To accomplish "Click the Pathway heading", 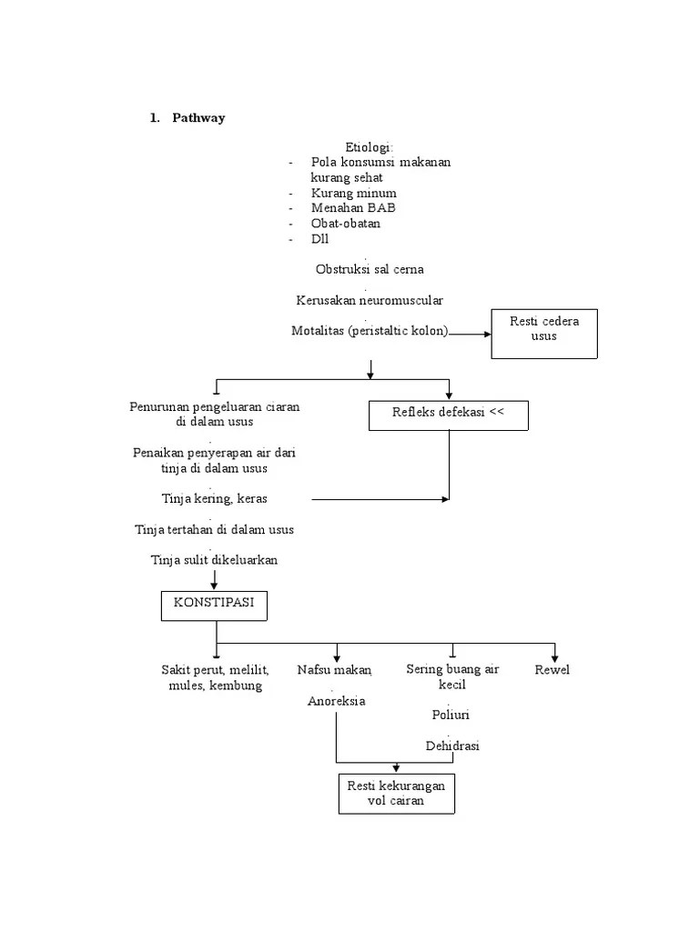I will [198, 118].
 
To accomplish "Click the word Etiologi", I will [370, 147].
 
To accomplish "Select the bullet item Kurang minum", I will [353, 193].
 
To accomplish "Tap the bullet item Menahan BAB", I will [353, 207].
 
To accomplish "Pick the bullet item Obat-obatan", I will [346, 223].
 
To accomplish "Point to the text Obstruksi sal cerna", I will [370, 269].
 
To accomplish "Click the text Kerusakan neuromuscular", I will [370, 299].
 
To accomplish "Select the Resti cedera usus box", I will [543, 333].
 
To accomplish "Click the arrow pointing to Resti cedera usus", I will [471, 334].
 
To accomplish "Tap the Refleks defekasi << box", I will [448, 415].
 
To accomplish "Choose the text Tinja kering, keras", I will [215, 498].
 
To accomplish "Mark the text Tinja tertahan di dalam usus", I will [215, 528].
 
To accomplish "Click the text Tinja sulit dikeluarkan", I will [215, 559].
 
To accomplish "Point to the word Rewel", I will [552, 670].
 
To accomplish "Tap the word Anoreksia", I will [337, 701].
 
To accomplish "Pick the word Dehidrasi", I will [452, 746].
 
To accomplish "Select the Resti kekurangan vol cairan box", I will [396, 793].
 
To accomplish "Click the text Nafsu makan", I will [335, 670].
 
